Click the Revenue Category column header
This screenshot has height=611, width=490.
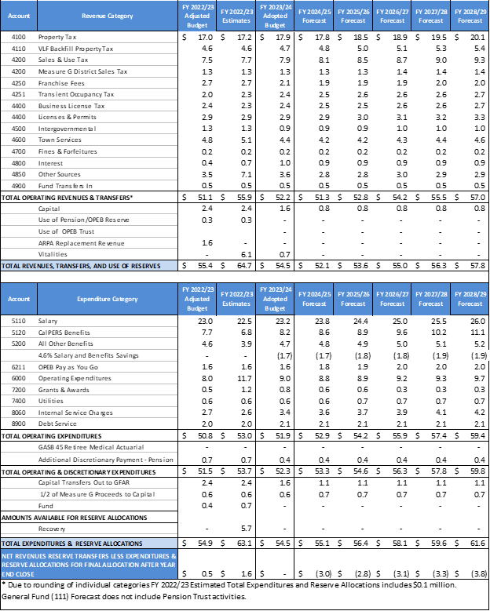[x=108, y=13]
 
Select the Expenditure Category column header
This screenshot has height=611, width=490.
[x=108, y=298]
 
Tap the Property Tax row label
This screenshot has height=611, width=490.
[x=64, y=36]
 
